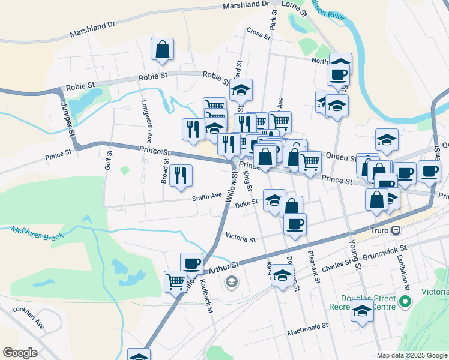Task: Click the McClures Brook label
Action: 37,233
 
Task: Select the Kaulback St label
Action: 206,296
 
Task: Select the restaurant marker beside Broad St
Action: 181,176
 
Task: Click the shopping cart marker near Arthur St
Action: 175,281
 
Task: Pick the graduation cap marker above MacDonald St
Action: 362,311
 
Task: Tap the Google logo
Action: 20,353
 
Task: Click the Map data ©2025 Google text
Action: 412,355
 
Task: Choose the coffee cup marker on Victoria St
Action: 294,224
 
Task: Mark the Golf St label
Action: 109,160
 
